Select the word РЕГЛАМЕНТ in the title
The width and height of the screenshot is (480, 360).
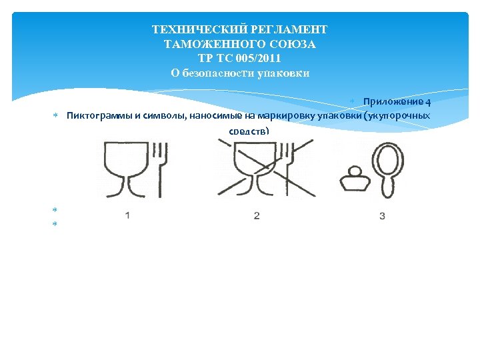[x=289, y=29]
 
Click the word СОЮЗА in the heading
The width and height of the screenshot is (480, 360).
[x=293, y=44]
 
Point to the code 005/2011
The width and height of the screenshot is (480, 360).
[x=258, y=58]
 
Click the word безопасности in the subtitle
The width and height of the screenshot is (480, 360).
[x=217, y=73]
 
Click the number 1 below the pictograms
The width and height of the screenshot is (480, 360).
[x=127, y=215]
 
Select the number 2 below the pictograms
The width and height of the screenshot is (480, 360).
[x=257, y=216]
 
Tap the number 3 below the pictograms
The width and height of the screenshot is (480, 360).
[x=383, y=216]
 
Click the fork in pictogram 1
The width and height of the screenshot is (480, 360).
[x=160, y=169]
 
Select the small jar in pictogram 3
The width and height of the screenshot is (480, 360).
[x=355, y=179]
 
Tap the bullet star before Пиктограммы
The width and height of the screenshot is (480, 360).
[x=55, y=115]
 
